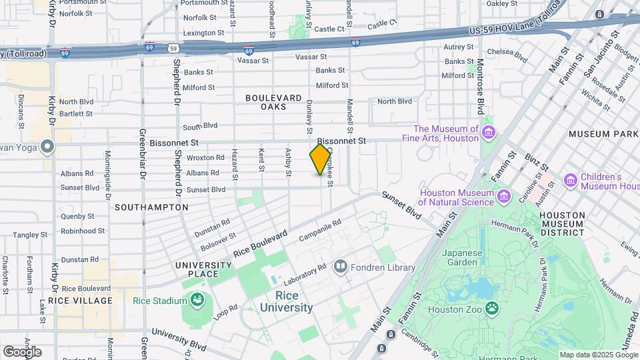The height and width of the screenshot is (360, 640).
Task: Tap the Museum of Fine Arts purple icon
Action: coord(489,133)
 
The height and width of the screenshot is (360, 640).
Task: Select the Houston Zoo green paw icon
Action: coord(491,308)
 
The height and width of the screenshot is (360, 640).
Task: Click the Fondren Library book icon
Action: coord(341,268)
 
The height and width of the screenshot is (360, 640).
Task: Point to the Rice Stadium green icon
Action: coord(197,301)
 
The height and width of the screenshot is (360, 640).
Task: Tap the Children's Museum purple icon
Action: coord(570,181)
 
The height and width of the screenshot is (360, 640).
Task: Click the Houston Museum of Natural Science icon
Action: coord(504,197)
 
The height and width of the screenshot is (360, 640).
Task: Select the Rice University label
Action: coord(286,301)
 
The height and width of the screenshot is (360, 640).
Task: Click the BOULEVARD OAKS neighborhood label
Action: coord(274,102)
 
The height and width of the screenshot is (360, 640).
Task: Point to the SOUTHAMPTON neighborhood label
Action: coord(151,207)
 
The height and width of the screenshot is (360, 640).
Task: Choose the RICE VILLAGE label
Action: coord(85,301)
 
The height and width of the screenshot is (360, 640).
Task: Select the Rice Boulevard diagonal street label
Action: coord(261,245)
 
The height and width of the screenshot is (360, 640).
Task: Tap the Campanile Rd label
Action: coord(320,228)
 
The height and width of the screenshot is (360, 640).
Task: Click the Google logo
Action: coord(22,351)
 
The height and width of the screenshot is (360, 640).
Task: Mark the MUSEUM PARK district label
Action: coord(603,134)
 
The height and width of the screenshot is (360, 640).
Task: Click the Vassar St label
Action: coord(253,60)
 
